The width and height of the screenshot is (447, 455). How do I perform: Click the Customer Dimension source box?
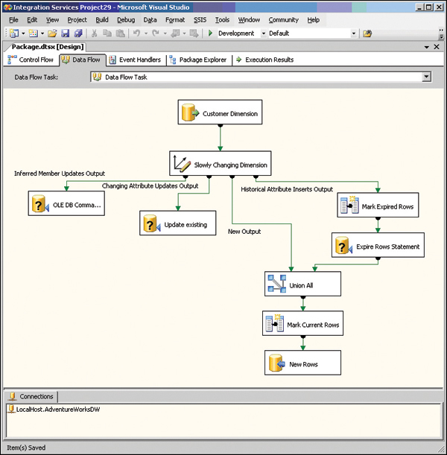[220, 112]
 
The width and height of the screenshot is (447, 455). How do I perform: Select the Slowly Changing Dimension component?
[221, 163]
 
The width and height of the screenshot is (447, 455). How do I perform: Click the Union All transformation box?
[302, 284]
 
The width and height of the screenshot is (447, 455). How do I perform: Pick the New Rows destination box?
[302, 363]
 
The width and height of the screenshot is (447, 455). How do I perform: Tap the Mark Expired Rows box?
[378, 205]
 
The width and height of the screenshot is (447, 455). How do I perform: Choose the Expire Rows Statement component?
[378, 245]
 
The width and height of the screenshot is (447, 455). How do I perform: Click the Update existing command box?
[178, 223]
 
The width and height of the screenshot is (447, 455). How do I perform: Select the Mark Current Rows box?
[302, 323]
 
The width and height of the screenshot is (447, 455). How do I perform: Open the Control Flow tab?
[31, 60]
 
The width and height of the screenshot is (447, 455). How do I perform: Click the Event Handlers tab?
[135, 60]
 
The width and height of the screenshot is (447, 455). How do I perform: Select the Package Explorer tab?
[198, 60]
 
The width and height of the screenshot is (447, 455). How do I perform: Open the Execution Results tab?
[264, 60]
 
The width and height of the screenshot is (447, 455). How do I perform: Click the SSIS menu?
[200, 20]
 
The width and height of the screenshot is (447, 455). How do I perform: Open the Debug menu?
[126, 20]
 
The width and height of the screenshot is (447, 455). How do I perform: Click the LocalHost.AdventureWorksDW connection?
[54, 410]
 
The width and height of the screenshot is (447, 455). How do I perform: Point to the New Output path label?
[244, 232]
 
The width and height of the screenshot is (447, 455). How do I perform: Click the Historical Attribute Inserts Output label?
[287, 189]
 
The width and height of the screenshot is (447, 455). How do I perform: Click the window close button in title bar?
[439, 7]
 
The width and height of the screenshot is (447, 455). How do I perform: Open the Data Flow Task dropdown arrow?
[426, 77]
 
